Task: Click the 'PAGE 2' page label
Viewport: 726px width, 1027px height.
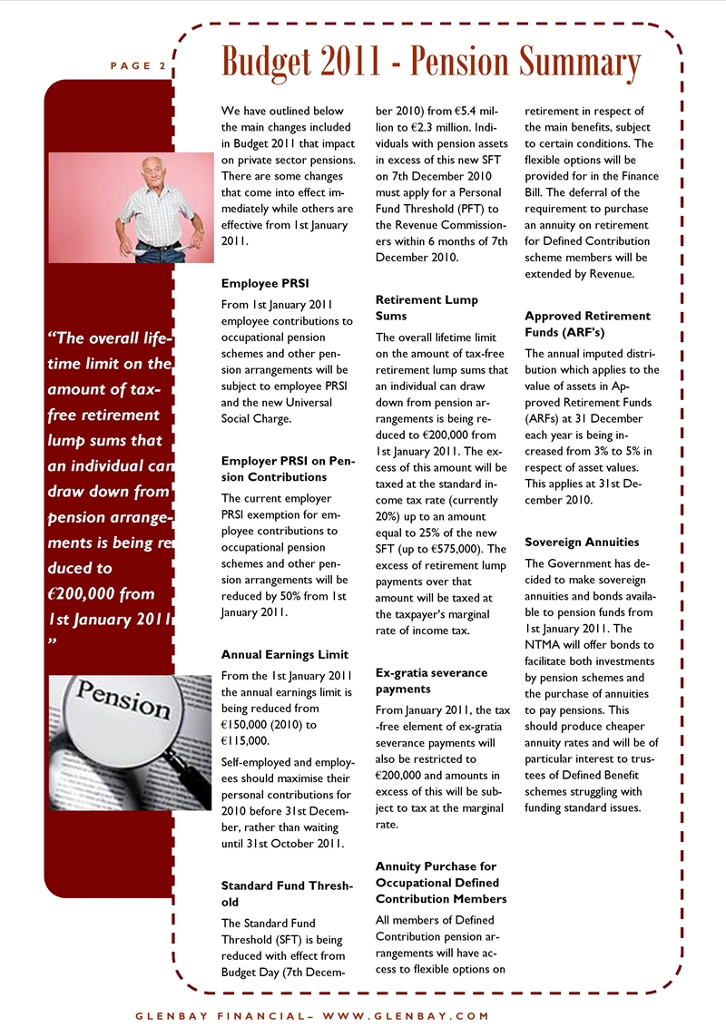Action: (x=138, y=66)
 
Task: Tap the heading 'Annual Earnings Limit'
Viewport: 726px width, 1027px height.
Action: (x=284, y=654)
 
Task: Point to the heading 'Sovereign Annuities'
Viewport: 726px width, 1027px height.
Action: (x=582, y=542)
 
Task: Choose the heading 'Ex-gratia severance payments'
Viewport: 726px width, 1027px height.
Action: (x=431, y=680)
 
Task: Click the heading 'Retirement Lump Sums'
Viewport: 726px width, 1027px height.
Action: (x=427, y=308)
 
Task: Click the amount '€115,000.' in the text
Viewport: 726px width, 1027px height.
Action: (x=246, y=740)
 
